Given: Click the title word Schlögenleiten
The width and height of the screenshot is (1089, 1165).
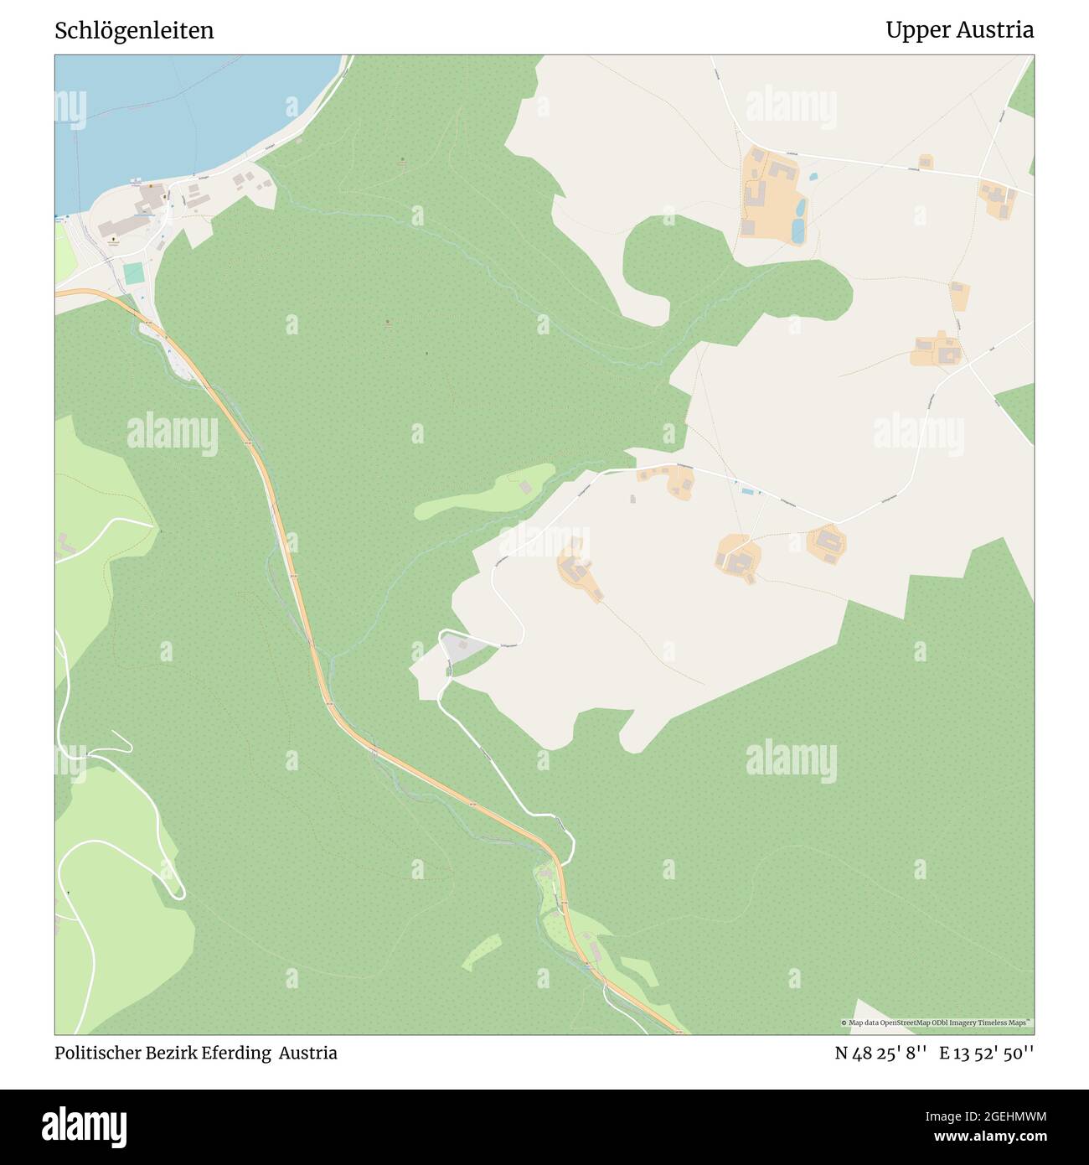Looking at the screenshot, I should click(x=134, y=30).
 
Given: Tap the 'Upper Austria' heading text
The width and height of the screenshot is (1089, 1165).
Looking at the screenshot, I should click(x=959, y=30).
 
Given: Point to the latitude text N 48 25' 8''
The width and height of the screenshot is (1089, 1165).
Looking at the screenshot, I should click(x=880, y=1053).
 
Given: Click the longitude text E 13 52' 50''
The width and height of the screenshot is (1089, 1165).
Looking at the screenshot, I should click(x=986, y=1053).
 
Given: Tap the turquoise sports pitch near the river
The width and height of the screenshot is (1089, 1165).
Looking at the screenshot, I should click(x=133, y=273).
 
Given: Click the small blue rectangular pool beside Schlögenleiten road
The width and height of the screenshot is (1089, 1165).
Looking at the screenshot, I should click(x=746, y=491).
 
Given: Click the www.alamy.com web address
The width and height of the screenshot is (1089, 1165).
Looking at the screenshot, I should click(x=986, y=1137).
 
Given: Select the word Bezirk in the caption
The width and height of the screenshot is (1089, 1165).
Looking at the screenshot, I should click(x=170, y=1053).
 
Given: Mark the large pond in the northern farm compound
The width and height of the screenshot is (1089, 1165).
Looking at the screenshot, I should click(x=798, y=228).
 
